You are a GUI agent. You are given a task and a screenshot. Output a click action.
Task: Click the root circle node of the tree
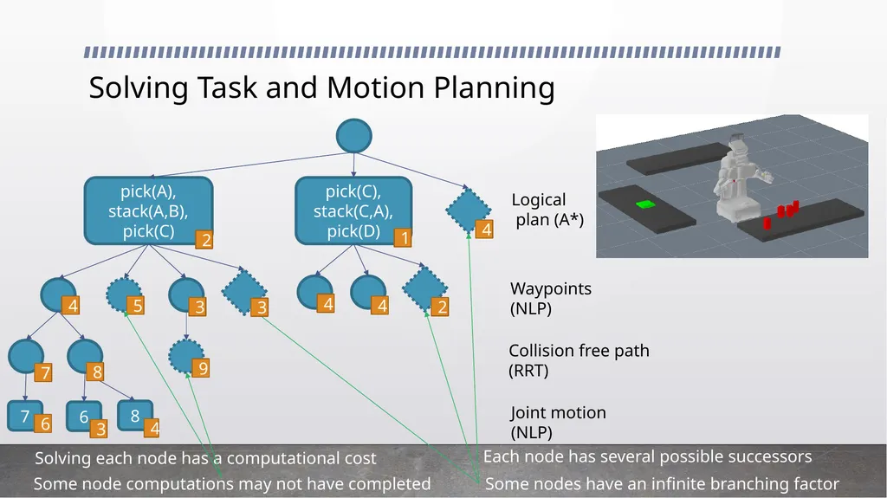pyautogui.click(x=353, y=136)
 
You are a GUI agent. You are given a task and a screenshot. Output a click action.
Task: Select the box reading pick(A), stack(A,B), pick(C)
pyautogui.click(x=148, y=210)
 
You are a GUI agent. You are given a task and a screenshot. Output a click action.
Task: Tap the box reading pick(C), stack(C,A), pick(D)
pyautogui.click(x=353, y=210)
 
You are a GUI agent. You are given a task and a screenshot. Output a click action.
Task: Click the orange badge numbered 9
pyautogui.click(x=201, y=368)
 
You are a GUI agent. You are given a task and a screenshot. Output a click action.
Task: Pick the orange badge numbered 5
pyautogui.click(x=135, y=306)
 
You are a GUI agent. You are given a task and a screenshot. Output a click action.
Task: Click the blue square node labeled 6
pyautogui.click(x=84, y=417)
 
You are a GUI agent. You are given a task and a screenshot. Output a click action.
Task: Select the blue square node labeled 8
pyautogui.click(x=135, y=416)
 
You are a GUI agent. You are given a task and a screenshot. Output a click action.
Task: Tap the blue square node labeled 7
pyautogui.click(x=25, y=417)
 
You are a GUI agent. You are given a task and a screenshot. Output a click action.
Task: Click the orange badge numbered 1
pyautogui.click(x=403, y=237)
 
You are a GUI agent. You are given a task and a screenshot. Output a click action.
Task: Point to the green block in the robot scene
pyautogui.click(x=644, y=204)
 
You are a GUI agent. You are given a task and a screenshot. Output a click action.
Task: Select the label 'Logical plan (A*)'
pyautogui.click(x=547, y=210)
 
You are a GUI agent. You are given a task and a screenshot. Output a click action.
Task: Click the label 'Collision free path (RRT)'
pyautogui.click(x=579, y=360)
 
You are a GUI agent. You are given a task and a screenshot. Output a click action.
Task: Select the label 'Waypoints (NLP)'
pyautogui.click(x=550, y=298)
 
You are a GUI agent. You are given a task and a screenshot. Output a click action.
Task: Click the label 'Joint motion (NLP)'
pyautogui.click(x=558, y=422)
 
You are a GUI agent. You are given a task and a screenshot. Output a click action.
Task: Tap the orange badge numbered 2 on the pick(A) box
pyautogui.click(x=204, y=240)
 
